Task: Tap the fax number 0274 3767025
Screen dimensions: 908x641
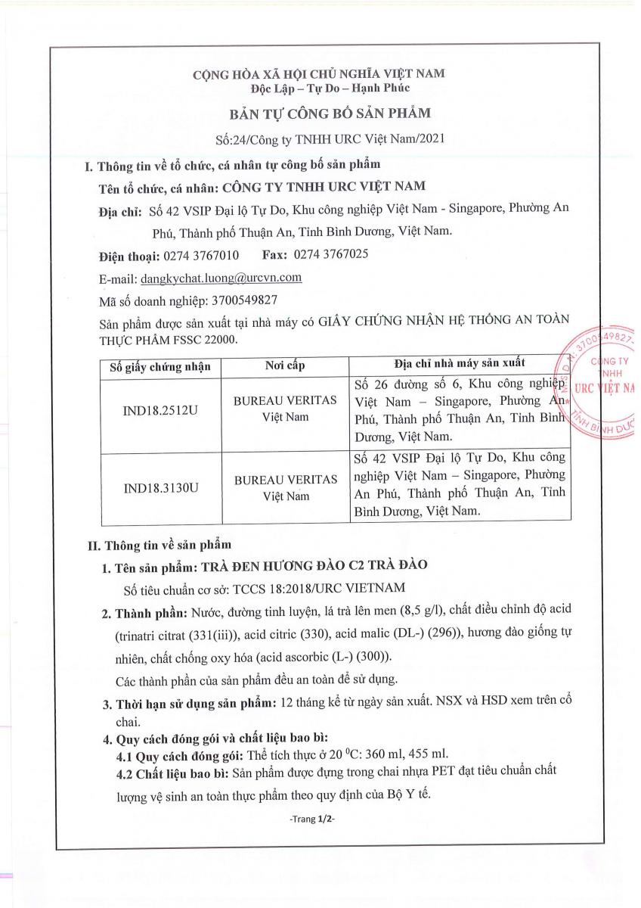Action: pos(331,255)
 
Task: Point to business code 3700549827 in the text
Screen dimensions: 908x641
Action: pos(236,300)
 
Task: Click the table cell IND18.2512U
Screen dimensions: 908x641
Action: pos(160,415)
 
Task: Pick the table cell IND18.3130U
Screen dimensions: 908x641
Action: pos(160,489)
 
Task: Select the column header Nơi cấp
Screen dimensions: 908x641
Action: pos(285,367)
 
